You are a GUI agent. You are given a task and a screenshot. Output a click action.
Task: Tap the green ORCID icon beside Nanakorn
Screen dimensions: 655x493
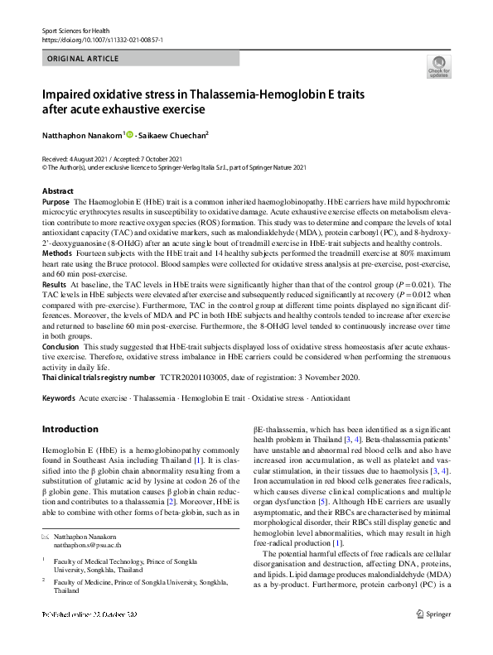pyautogui.click(x=129, y=134)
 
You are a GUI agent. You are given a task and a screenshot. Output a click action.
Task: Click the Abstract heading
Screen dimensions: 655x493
pyautogui.click(x=57, y=191)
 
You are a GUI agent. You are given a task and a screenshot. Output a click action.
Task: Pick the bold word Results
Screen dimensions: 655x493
pyautogui.click(x=55, y=283)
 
